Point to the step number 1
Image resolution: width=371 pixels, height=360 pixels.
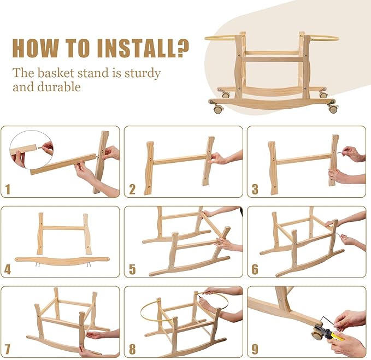8,190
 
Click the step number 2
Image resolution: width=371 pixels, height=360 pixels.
132,190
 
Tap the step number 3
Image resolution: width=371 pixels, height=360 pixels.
255,190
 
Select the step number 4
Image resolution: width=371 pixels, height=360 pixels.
8,269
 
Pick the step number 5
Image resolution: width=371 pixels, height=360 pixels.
132,269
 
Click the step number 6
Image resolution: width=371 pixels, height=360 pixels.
255,269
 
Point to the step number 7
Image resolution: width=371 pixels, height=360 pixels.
8,350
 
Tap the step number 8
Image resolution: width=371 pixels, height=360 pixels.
132,350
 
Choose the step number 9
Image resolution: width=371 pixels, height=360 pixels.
255,350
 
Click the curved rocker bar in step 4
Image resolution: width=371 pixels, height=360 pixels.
62,260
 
